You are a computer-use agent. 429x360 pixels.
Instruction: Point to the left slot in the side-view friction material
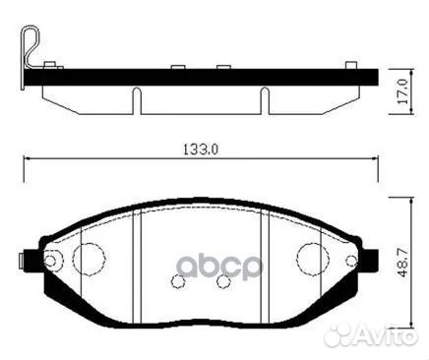(136, 98)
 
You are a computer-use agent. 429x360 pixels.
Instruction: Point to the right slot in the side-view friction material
(265, 98)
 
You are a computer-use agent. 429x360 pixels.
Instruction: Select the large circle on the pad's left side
(89, 259)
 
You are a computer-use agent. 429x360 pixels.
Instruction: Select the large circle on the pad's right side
(313, 259)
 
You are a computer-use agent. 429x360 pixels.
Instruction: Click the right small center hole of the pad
(223, 280)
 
